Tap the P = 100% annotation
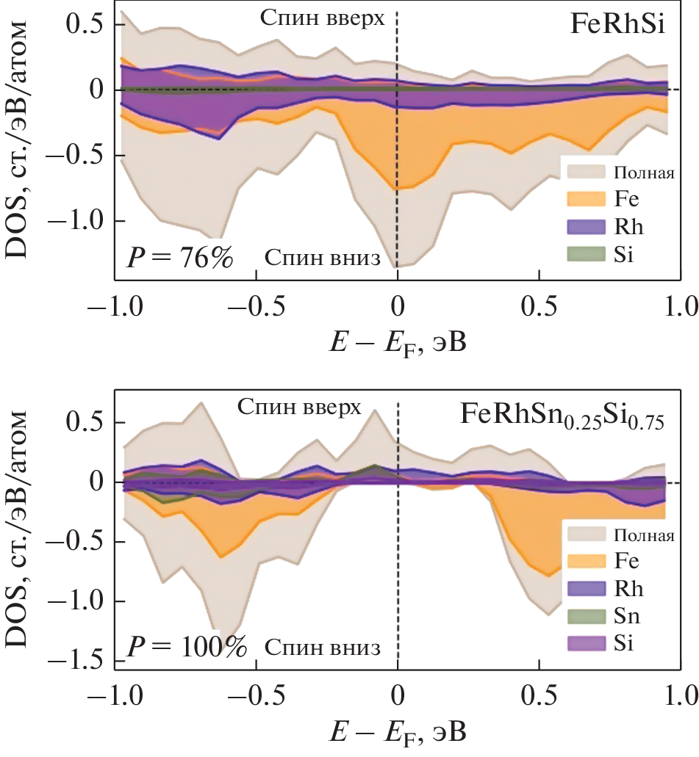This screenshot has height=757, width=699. [x=186, y=648]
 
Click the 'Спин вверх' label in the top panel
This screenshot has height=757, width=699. [x=322, y=18]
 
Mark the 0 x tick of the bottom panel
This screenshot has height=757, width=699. [x=398, y=694]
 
